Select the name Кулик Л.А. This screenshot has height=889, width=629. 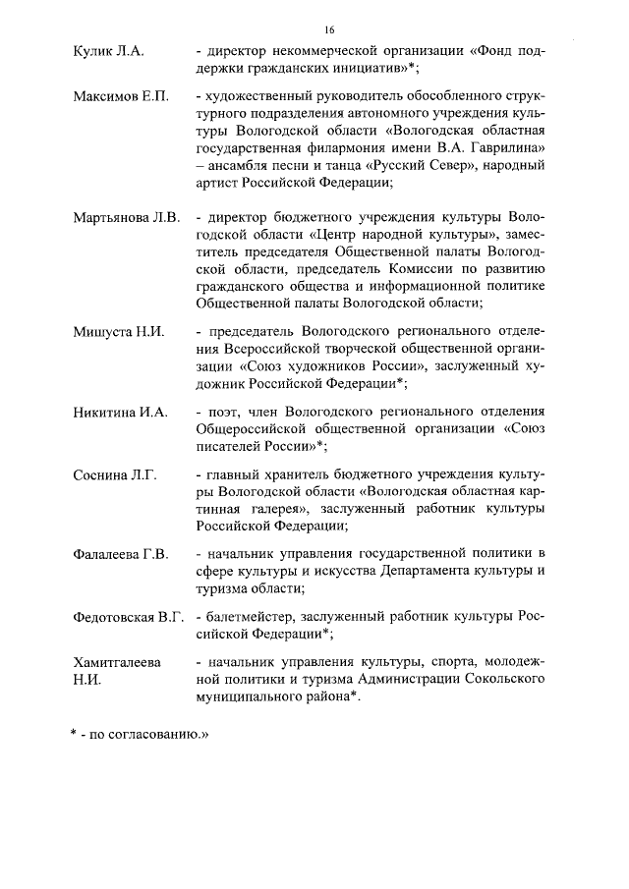tap(108, 51)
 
